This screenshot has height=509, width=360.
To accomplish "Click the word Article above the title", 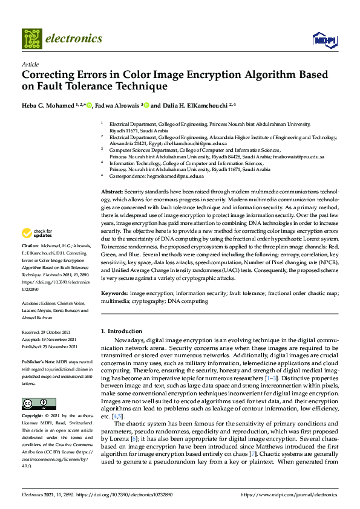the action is (30, 64).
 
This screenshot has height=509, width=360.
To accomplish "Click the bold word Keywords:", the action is (114, 293).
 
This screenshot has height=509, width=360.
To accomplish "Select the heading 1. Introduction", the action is (121, 331).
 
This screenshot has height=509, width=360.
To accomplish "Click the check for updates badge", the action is (37, 233).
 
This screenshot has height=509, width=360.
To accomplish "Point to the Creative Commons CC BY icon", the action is (34, 404).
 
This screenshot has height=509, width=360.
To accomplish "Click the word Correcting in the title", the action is (47, 75).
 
